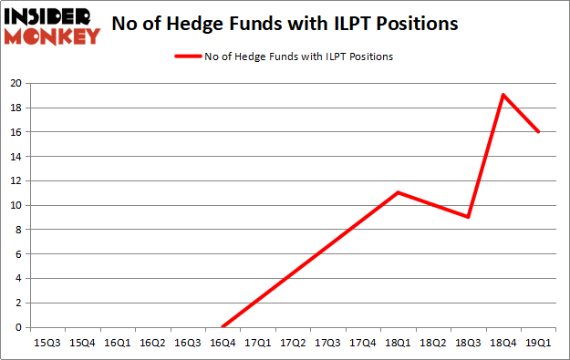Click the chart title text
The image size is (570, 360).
tap(285, 24)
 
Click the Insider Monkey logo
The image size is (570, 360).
tap(52, 25)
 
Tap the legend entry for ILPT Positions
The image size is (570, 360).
tap(285, 57)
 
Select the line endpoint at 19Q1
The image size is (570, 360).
tap(539, 131)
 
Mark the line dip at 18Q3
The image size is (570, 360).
tap(468, 217)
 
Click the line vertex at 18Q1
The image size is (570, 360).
tap(398, 192)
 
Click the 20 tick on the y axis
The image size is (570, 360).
tap(16, 83)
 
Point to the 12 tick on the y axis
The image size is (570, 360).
tap(16, 180)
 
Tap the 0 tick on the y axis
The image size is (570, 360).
tap(18, 327)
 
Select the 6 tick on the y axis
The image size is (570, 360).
tap(18, 254)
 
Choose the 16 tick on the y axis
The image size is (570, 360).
tap(16, 132)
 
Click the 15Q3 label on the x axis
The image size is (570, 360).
tap(48, 344)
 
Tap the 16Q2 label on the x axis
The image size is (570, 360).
tap(153, 344)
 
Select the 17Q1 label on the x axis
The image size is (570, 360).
tap(259, 344)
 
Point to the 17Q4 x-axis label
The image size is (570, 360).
tap(363, 344)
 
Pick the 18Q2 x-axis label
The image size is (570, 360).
tap(433, 344)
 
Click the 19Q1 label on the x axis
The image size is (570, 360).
tap(539, 344)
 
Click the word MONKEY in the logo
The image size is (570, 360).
tap(52, 36)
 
